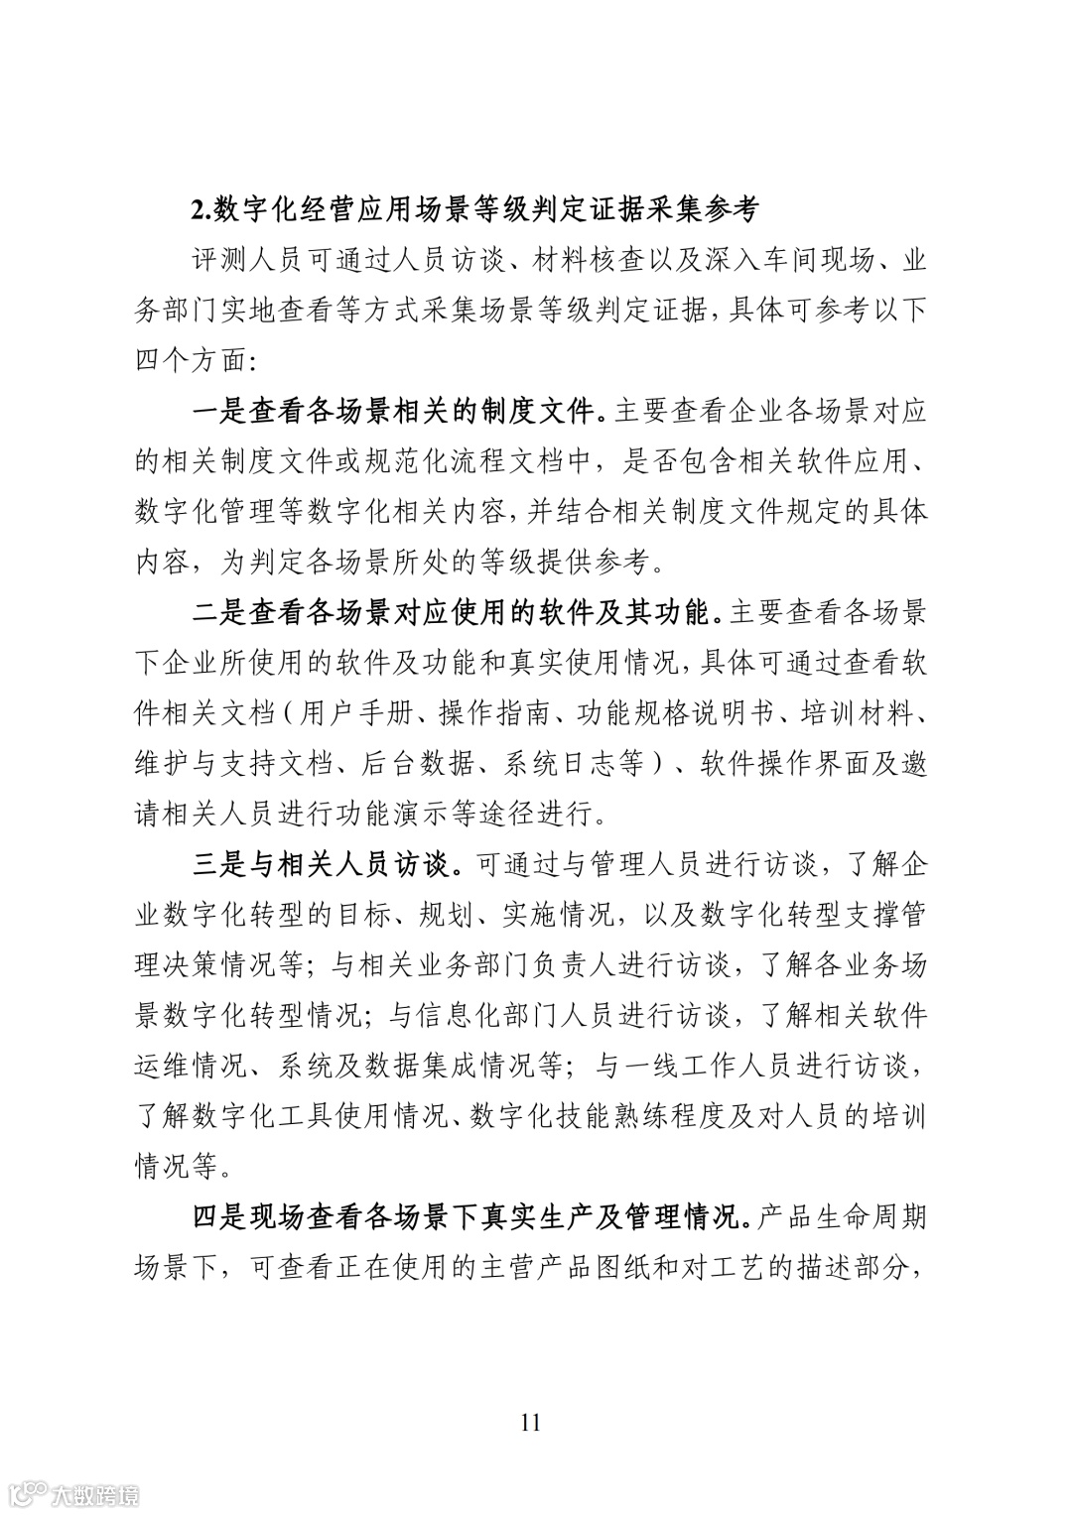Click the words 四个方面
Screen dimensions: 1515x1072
(x=190, y=360)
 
